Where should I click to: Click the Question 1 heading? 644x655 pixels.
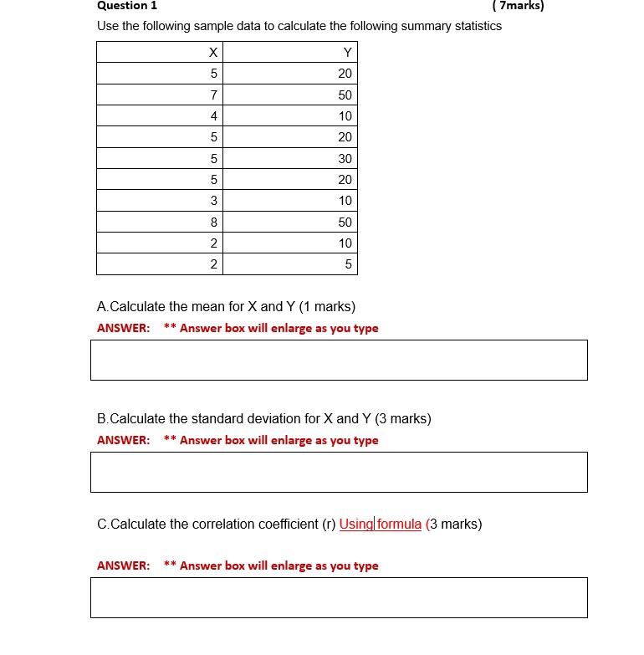pos(127,5)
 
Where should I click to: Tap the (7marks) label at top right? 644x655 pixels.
pos(519,5)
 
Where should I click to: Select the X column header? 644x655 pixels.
pos(213,53)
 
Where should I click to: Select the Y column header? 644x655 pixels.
pos(347,53)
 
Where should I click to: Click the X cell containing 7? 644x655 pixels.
pos(213,95)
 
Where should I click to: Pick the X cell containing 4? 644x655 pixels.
pos(213,116)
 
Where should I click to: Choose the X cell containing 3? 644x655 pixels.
pos(213,201)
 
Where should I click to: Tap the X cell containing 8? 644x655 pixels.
pos(213,223)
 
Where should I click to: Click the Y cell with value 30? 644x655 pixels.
pos(345,159)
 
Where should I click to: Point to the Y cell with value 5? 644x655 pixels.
pos(349,265)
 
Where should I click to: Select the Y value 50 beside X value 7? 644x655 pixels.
pos(345,95)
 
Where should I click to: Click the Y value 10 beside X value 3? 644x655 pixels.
pos(345,201)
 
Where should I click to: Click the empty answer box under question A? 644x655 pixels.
pos(339,360)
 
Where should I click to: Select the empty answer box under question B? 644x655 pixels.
pos(339,472)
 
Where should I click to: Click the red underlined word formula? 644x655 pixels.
pos(399,525)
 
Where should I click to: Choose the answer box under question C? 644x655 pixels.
pos(339,597)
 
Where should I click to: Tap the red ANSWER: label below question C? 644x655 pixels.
pos(124,566)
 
